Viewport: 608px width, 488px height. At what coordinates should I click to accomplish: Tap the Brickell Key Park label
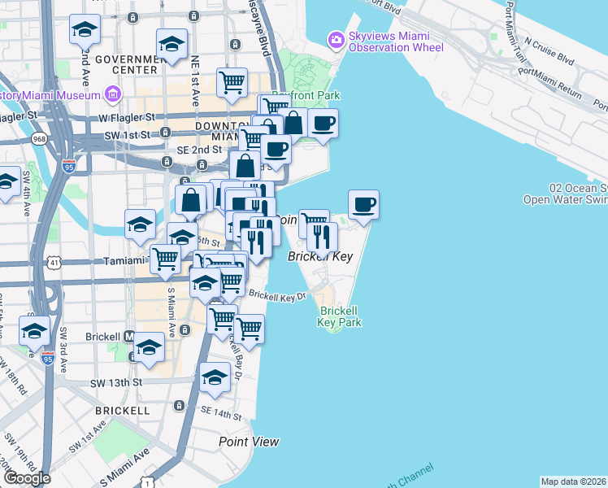341,316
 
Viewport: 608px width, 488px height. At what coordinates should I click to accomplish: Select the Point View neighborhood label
249,442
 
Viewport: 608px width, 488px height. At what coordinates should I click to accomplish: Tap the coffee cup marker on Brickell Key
363,205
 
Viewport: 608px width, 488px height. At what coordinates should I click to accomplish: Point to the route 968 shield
39,139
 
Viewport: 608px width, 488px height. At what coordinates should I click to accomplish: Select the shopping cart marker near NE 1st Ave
232,82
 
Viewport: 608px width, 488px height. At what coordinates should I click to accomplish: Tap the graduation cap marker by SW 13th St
215,377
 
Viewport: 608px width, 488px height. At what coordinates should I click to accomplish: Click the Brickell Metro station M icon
128,336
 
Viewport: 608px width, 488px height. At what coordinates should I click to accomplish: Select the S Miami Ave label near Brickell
172,308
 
